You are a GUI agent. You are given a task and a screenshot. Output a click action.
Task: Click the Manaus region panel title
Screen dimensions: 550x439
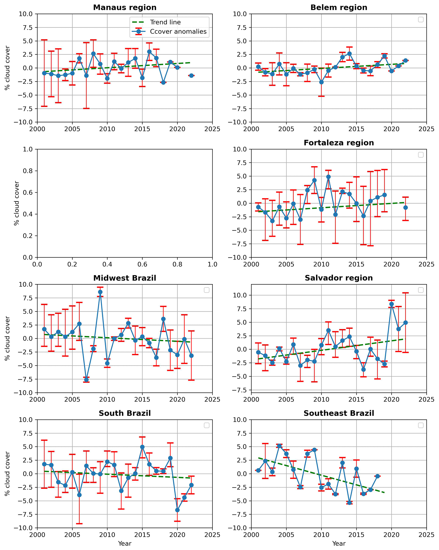click(x=125, y=7)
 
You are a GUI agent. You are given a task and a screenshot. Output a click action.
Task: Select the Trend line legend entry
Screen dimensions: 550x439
click(x=165, y=22)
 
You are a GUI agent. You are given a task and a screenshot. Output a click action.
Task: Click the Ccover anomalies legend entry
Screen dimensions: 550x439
click(x=178, y=31)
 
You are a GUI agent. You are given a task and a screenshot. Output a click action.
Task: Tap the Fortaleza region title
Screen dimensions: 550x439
click(x=339, y=143)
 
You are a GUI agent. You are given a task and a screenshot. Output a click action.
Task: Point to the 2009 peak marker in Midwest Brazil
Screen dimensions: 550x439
click(x=100, y=292)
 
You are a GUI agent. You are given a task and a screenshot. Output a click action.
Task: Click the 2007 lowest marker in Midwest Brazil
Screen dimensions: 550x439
click(x=86, y=380)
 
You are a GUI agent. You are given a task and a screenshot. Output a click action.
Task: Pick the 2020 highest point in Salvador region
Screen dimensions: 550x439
click(x=391, y=304)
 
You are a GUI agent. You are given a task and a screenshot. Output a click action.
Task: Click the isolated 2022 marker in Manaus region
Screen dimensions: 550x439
click(x=191, y=76)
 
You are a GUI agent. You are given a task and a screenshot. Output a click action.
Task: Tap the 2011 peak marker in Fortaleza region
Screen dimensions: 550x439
click(x=328, y=176)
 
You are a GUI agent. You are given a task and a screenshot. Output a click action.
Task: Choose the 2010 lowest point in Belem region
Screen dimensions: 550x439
click(x=321, y=82)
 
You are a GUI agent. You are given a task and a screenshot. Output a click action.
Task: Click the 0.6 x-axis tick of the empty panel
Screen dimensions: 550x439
click(x=142, y=264)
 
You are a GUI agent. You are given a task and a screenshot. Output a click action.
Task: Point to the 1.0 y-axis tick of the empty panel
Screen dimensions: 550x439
click(x=28, y=149)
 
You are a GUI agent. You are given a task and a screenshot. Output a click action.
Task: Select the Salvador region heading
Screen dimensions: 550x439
click(x=339, y=278)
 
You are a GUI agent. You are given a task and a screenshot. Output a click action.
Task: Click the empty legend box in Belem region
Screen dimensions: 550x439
click(x=421, y=20)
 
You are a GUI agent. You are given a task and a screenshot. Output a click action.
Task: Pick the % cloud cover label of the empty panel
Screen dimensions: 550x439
click(x=17, y=203)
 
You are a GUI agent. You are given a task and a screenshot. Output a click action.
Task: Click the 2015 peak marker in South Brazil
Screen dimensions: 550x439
click(x=142, y=447)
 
